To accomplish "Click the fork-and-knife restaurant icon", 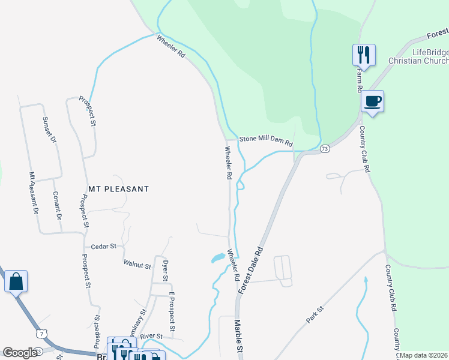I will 364,55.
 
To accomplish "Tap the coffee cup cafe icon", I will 373,101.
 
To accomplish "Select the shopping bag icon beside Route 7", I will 16,281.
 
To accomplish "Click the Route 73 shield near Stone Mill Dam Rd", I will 324,148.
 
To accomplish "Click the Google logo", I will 20,353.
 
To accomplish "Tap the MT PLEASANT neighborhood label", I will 118,188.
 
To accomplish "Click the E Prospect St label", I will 172,311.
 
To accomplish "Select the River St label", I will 152,336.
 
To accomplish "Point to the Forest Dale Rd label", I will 251,269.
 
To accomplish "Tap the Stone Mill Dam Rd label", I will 266,141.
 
